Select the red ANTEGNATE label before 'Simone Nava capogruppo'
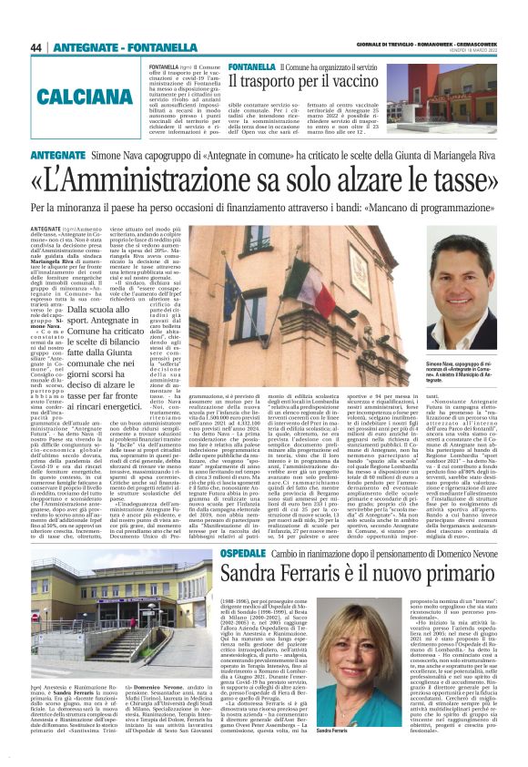(58, 157)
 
